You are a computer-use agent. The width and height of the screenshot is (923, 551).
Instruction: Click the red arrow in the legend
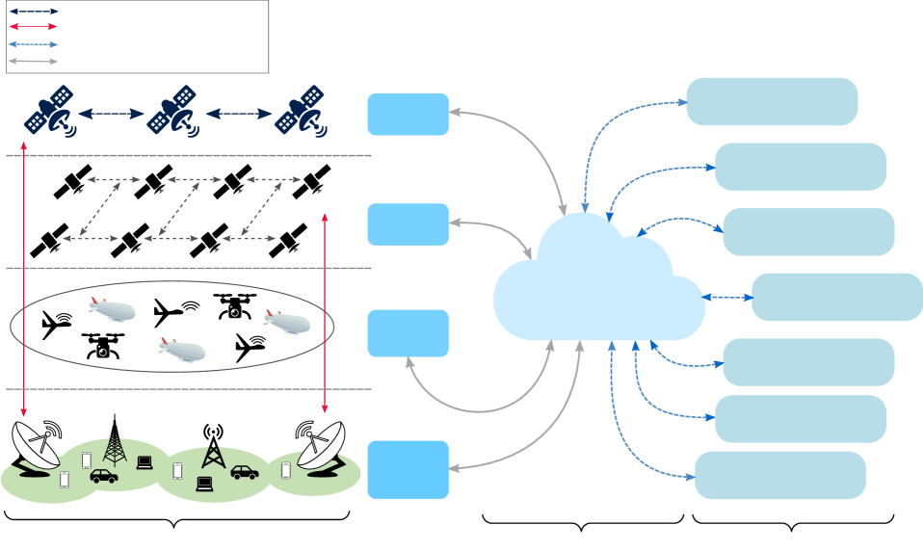(34, 27)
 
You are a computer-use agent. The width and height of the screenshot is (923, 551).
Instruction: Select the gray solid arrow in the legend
(34, 61)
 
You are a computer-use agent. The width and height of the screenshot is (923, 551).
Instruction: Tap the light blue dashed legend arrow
(34, 44)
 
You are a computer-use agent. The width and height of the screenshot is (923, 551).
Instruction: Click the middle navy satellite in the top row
(174, 112)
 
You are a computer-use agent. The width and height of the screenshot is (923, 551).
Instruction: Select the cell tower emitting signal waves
(212, 448)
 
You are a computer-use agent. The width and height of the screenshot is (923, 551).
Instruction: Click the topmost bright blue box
(409, 115)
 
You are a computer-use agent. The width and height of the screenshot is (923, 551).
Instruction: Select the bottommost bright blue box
(409, 469)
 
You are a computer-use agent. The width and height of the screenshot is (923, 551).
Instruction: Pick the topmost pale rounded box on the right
(772, 101)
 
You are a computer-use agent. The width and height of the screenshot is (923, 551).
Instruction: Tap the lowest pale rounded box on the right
(779, 475)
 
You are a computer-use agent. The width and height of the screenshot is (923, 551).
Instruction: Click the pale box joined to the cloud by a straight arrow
(836, 297)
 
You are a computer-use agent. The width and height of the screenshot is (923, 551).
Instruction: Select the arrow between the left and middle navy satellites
(111, 114)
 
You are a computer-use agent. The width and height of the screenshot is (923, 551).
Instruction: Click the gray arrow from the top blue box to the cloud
(520, 144)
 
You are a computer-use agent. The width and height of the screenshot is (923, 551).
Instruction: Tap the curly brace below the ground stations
(175, 522)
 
